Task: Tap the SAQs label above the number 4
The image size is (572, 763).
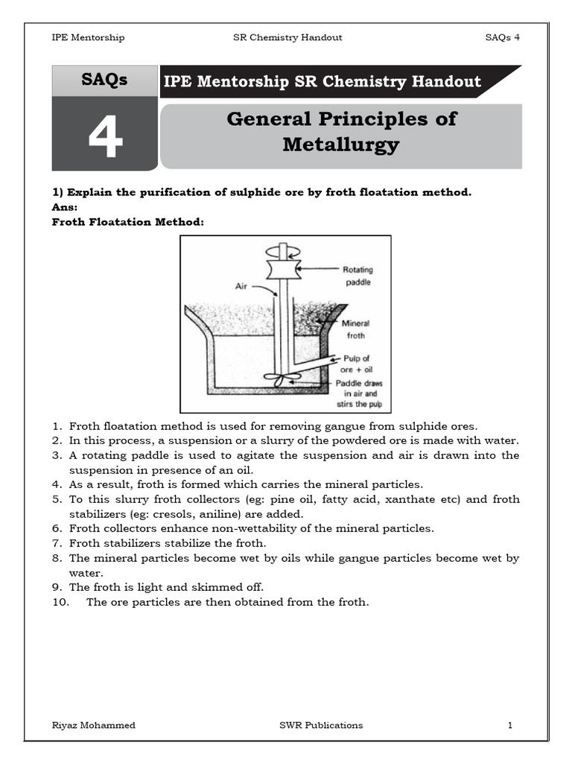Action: [x=104, y=80]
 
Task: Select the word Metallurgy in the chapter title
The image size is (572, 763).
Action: [x=340, y=145]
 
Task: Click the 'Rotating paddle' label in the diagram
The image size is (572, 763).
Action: [x=357, y=275]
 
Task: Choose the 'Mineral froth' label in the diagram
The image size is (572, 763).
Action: [x=355, y=329]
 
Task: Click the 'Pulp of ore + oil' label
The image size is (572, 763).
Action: [x=356, y=364]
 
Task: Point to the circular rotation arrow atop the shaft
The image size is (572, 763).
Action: [x=282, y=250]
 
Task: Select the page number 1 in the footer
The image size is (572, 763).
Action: [x=510, y=725]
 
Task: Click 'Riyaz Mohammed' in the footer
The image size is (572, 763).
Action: [x=93, y=725]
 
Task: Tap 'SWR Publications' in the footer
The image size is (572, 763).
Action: [x=317, y=725]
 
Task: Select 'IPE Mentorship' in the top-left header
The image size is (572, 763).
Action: [x=87, y=37]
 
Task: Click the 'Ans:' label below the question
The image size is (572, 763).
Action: [x=65, y=207]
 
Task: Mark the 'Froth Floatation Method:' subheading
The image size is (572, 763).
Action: [x=127, y=222]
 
